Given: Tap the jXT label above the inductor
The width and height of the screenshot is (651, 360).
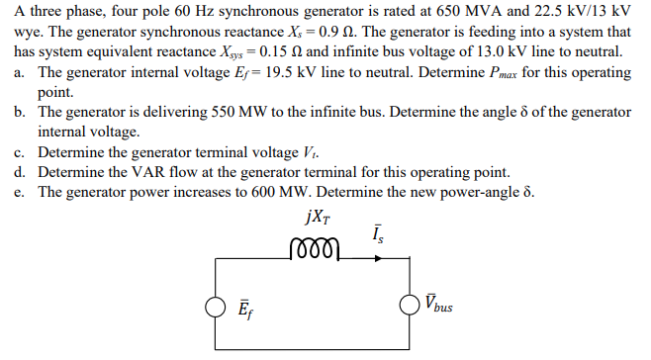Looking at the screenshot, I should tap(315, 219).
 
